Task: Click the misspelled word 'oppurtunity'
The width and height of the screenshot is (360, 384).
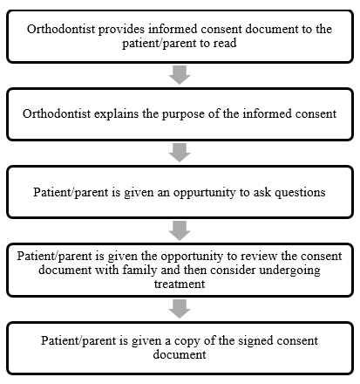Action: [204, 193]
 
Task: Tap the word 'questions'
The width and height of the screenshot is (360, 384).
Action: [300, 193]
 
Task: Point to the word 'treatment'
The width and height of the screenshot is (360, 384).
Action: [180, 284]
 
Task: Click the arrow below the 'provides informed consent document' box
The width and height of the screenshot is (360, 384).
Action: [180, 75]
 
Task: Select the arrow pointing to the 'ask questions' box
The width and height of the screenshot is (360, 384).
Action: [180, 153]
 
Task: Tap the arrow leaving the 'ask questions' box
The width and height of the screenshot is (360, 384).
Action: [180, 230]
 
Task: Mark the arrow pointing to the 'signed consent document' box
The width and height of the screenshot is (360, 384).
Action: [180, 309]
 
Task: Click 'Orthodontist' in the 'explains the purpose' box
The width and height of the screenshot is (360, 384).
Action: [57, 113]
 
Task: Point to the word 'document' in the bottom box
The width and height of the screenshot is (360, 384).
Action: [180, 355]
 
